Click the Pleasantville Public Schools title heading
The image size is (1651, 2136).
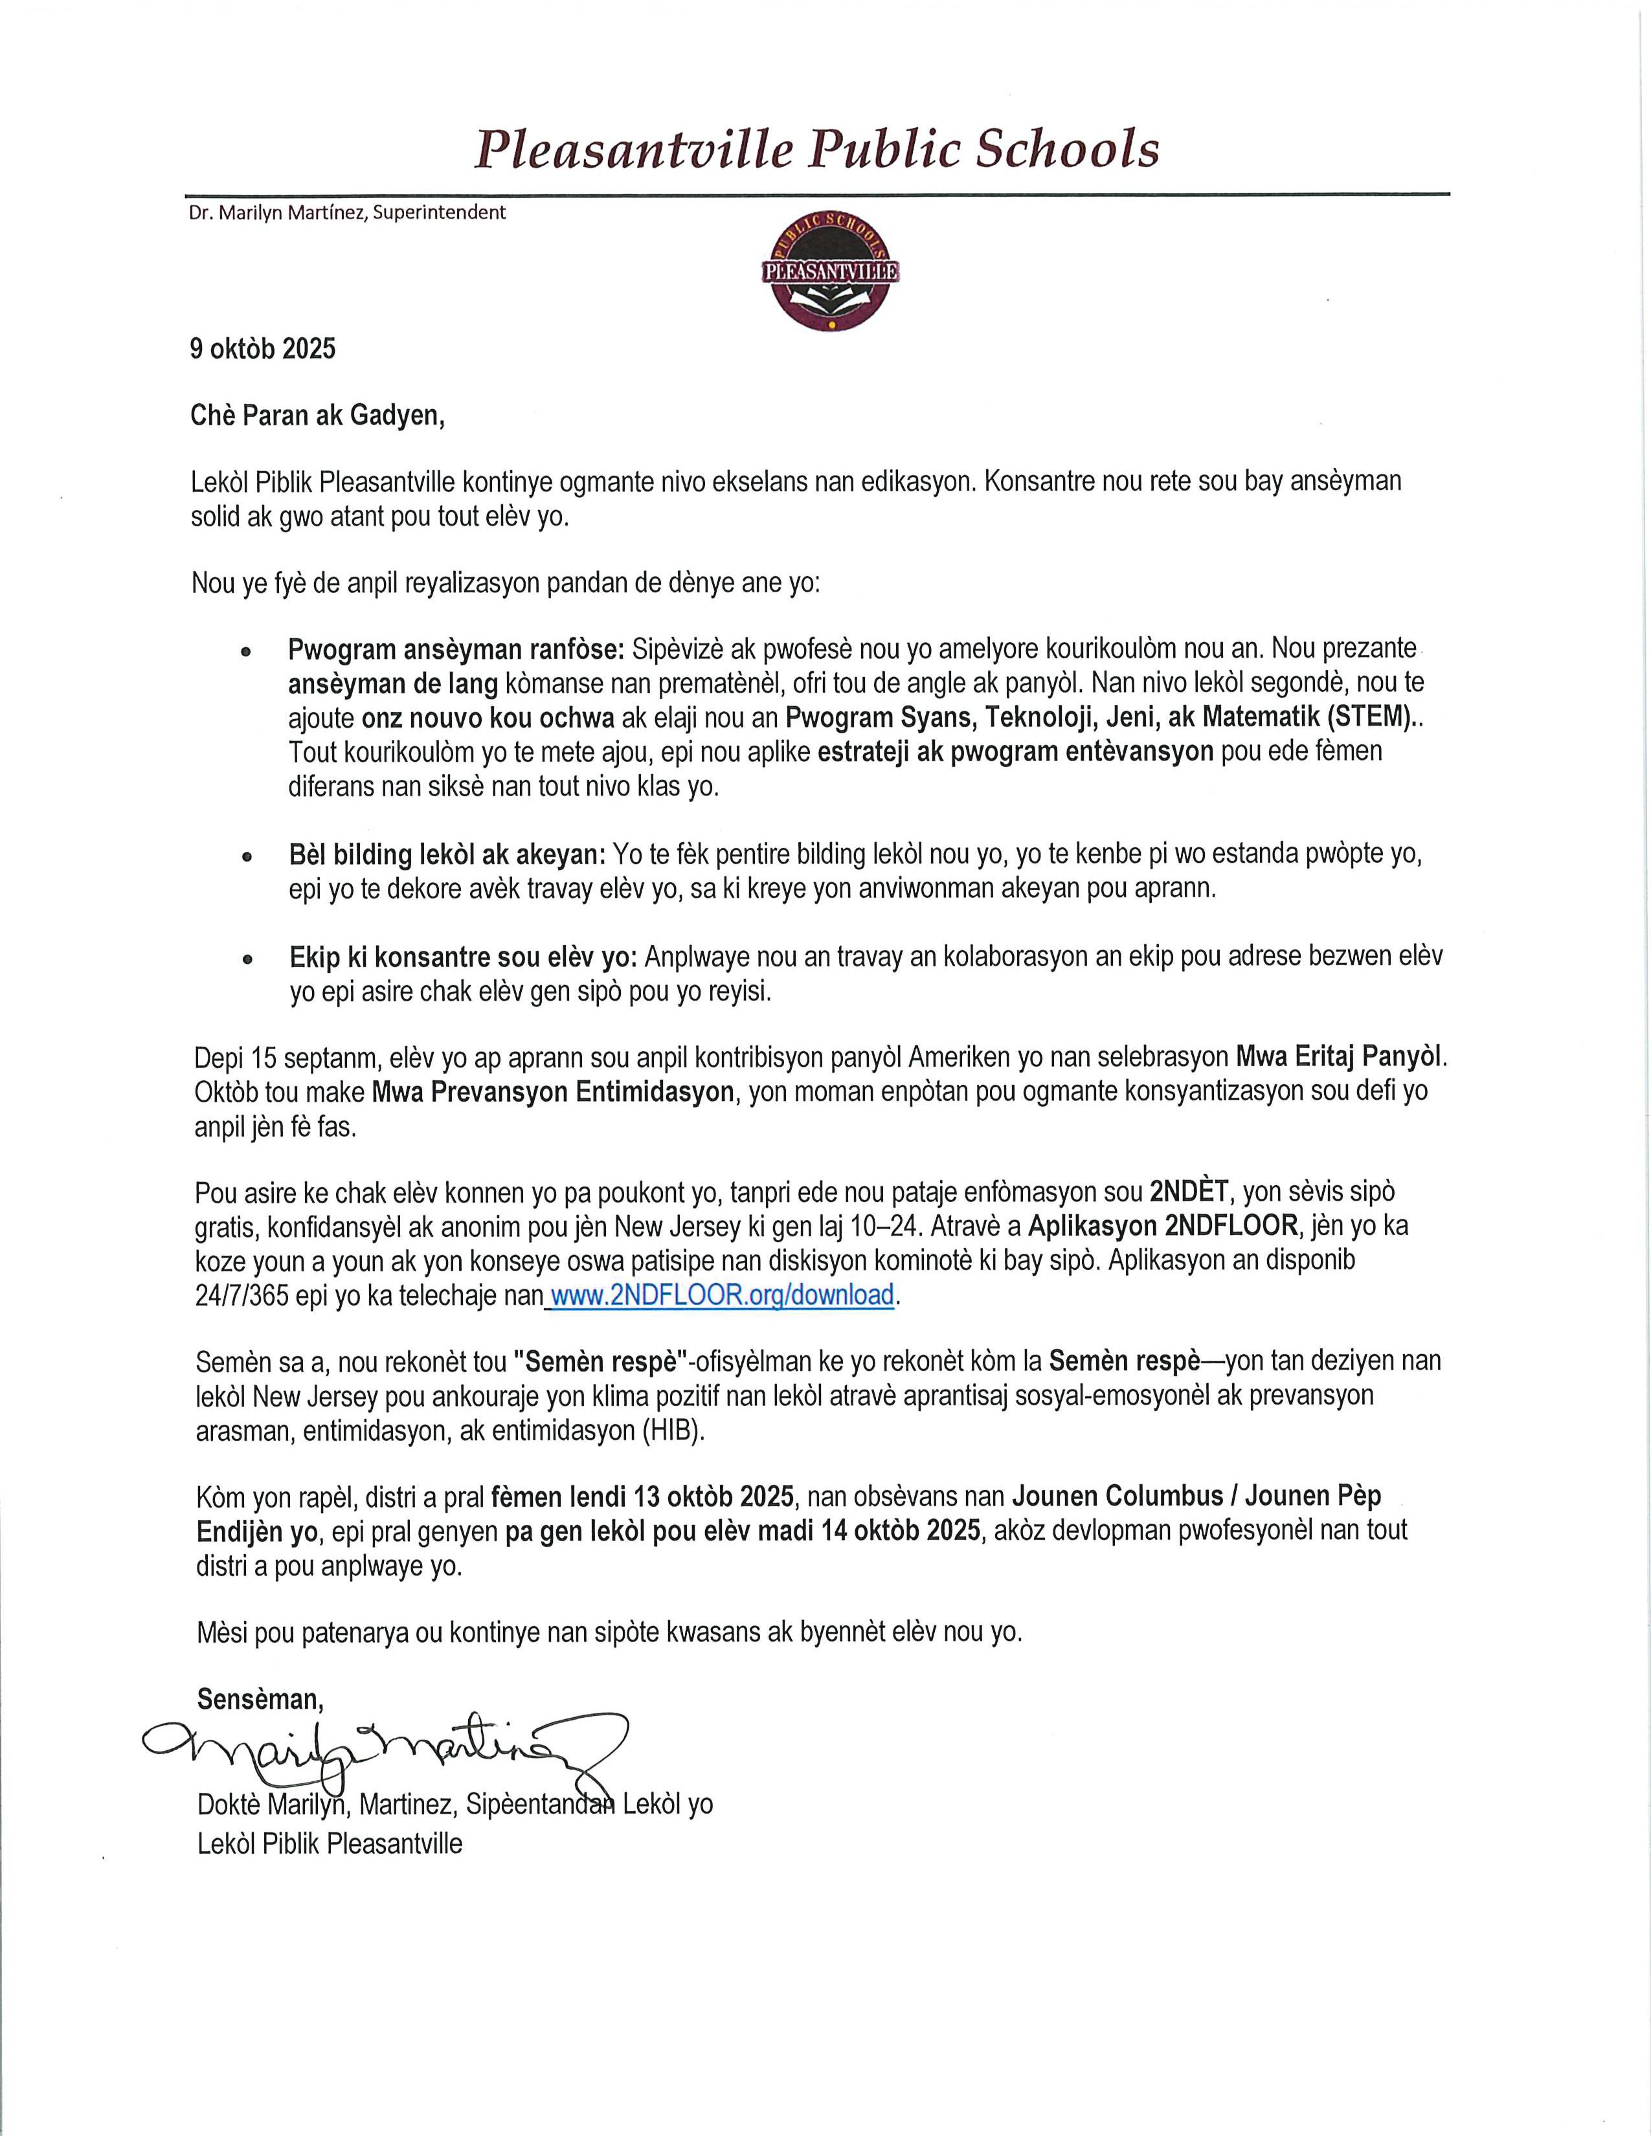(x=816, y=150)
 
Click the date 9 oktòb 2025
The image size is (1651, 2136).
(x=262, y=349)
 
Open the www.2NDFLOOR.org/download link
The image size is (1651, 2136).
(x=722, y=1295)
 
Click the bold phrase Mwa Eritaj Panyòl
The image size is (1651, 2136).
(x=1340, y=1057)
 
